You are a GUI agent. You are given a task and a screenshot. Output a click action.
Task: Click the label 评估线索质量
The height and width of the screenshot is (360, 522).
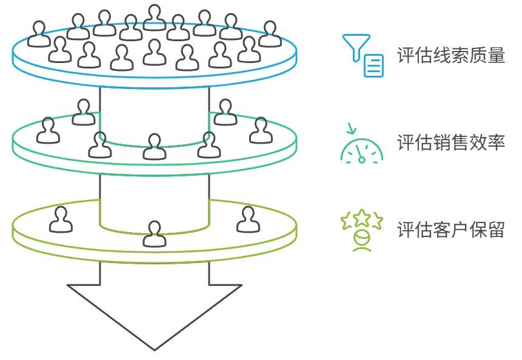[451, 55]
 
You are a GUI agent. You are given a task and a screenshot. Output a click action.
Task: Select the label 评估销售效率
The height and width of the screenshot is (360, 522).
[451, 142]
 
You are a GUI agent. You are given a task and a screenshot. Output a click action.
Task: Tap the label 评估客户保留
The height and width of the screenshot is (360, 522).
[451, 229]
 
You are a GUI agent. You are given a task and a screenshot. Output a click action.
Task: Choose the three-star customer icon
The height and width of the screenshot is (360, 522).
[362, 230]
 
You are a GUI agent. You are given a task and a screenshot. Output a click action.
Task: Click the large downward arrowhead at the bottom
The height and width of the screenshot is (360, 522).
[155, 316]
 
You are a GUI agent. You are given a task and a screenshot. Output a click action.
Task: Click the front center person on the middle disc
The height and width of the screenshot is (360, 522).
[155, 147]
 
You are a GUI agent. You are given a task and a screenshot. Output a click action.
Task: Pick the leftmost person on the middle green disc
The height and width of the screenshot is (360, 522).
[49, 130]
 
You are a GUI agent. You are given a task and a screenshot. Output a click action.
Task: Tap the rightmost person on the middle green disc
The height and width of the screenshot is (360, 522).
[261, 130]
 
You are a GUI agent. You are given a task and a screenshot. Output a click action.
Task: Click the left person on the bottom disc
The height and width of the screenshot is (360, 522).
[61, 219]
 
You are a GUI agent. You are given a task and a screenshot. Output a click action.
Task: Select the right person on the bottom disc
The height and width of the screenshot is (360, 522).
[249, 219]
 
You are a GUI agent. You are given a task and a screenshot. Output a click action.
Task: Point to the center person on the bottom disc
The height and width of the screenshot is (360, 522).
[155, 234]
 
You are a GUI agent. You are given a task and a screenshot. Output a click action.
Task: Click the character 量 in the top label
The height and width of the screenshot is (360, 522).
[497, 55]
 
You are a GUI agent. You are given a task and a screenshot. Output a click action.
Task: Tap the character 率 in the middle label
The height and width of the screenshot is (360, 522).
[497, 142]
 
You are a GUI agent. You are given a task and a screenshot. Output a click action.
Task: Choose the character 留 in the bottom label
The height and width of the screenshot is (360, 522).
[497, 229]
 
